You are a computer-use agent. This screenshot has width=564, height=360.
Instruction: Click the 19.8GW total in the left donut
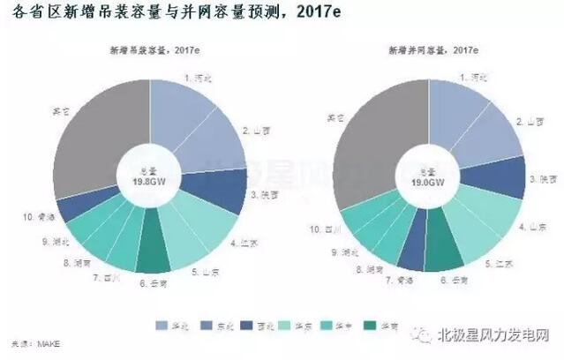pyautogui.click(x=149, y=184)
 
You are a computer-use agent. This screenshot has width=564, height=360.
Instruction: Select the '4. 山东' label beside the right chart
pyautogui.click(x=530, y=227)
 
